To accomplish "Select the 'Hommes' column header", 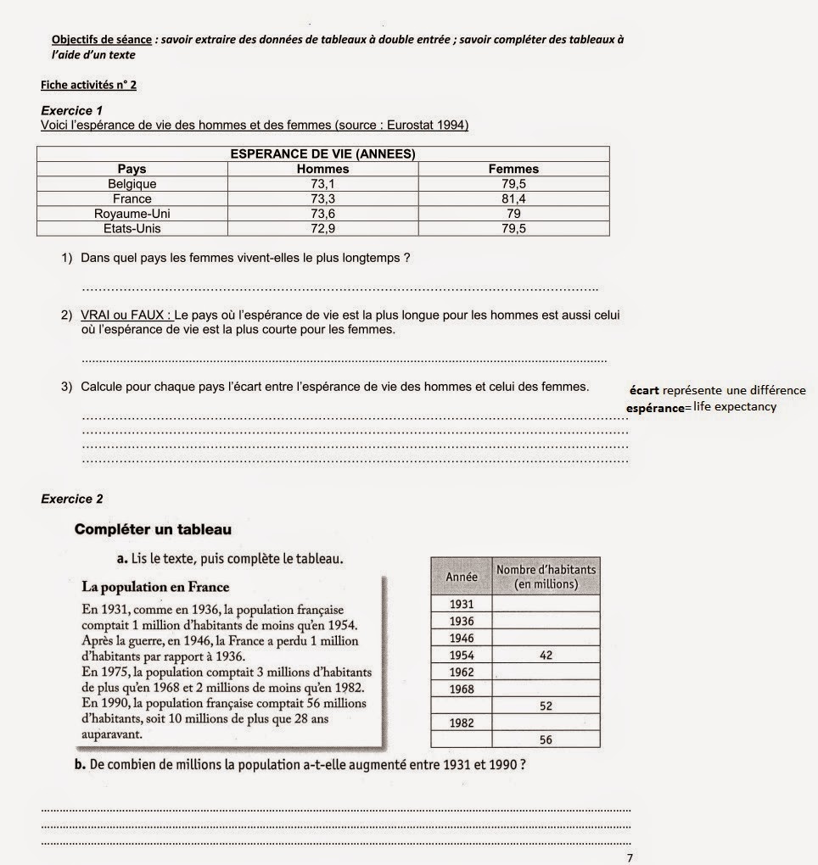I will tap(322, 169).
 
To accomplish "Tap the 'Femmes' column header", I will tap(513, 169).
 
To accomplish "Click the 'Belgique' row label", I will tap(132, 183).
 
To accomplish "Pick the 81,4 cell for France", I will tap(513, 198).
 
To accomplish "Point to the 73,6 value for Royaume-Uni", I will tap(322, 214).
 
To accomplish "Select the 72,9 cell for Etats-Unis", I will tap(322, 229).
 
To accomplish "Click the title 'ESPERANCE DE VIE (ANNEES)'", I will tap(322, 153).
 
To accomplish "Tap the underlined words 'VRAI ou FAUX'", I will tap(126, 315).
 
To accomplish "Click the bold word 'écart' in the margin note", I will tap(644, 391).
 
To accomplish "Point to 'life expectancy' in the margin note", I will tap(734, 407).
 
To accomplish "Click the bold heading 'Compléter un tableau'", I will tap(153, 530).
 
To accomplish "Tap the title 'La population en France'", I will tap(155, 587).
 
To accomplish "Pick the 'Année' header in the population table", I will tap(462, 577).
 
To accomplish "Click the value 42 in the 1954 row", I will tap(546, 656).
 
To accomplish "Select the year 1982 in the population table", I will tap(462, 723).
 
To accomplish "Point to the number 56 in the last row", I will tap(546, 739).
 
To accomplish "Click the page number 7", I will tap(629, 857).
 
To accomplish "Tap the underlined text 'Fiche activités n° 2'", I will tap(88, 85).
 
